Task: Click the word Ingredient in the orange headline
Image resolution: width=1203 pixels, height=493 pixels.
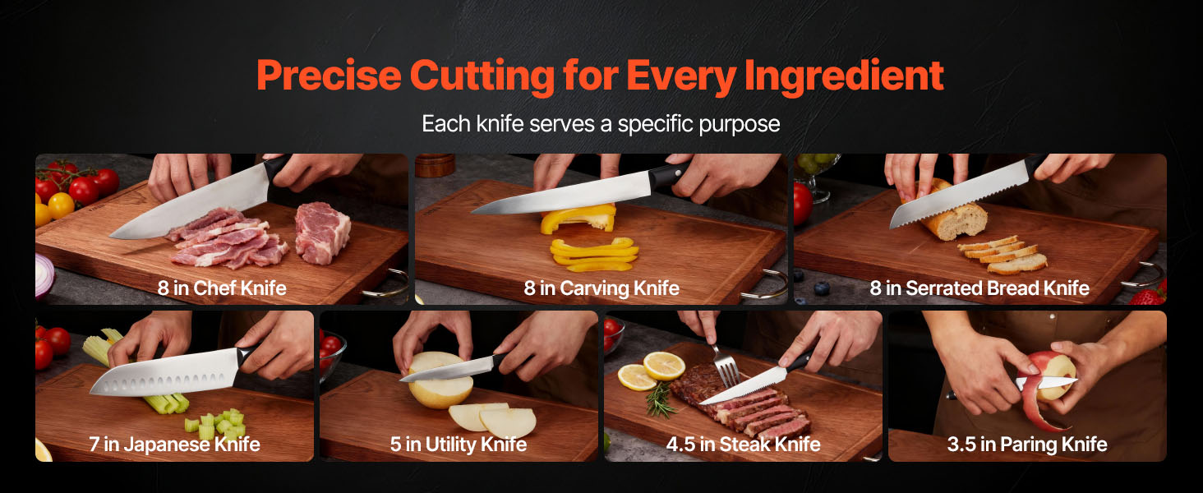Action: pyautogui.click(x=844, y=76)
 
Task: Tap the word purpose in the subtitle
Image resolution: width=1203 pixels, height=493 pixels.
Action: pyautogui.click(x=739, y=125)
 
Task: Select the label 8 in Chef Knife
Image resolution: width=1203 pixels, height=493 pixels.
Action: pyautogui.click(x=222, y=288)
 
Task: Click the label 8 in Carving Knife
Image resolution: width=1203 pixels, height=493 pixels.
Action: pyautogui.click(x=601, y=288)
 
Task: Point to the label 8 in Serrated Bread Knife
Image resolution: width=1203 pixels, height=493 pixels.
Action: pyautogui.click(x=979, y=288)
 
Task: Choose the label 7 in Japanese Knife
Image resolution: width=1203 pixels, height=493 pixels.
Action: pyautogui.click(x=174, y=445)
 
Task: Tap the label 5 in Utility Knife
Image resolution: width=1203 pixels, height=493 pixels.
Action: pyautogui.click(x=458, y=445)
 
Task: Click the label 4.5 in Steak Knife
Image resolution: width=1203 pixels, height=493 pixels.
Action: pyautogui.click(x=744, y=445)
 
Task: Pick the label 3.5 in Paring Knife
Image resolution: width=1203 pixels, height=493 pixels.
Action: pyautogui.click(x=1027, y=445)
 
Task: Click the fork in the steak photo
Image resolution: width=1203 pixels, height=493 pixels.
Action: pyautogui.click(x=725, y=365)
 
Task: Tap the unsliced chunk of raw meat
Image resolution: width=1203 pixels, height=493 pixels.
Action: pyautogui.click(x=322, y=233)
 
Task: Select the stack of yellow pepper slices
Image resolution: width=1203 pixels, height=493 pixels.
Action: pyautogui.click(x=594, y=255)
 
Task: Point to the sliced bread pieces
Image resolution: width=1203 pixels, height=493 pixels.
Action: pyautogui.click(x=1002, y=254)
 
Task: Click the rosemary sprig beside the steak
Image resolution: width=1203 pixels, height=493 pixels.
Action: pyautogui.click(x=661, y=400)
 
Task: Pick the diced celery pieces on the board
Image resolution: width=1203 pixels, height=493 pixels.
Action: pyautogui.click(x=216, y=424)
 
